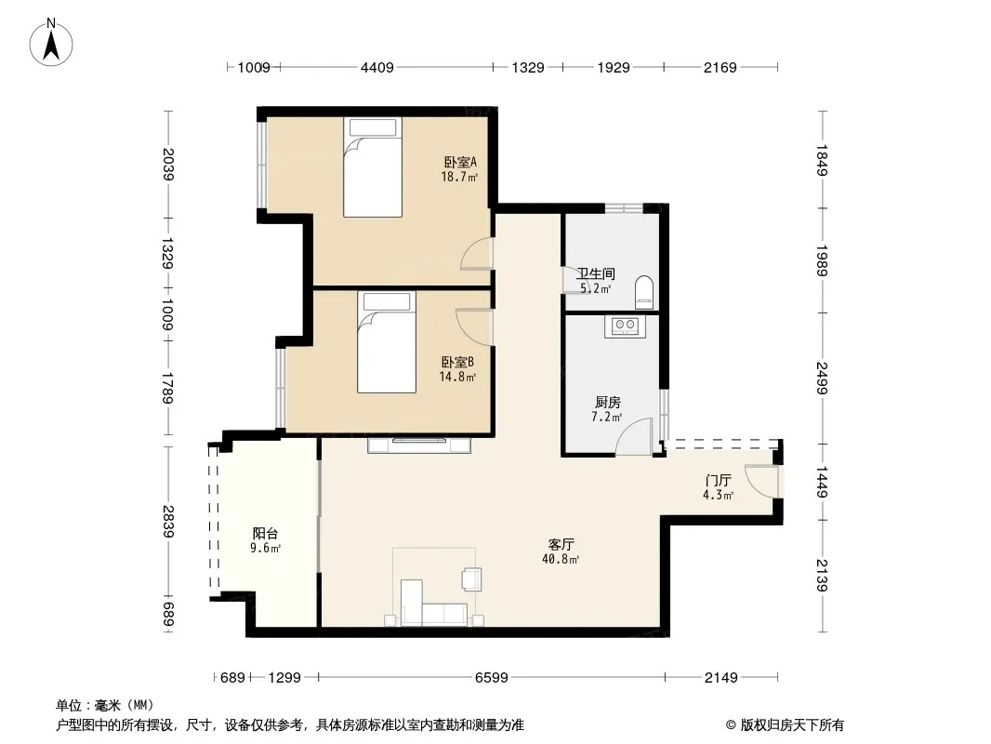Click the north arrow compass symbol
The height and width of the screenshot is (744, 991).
click(51, 43)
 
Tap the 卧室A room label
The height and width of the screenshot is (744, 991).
click(460, 163)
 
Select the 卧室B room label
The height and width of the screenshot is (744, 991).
click(457, 362)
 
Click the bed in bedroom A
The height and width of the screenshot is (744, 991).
click(373, 166)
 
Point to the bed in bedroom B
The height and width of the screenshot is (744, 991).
click(387, 342)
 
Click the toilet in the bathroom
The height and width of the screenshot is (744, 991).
click(644, 292)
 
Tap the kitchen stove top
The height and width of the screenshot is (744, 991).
click(626, 326)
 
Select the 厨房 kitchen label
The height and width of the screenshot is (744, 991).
click(608, 402)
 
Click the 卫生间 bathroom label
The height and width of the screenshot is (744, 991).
click(595, 273)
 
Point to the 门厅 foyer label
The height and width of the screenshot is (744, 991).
click(719, 481)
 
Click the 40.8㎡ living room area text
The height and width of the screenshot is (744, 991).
click(561, 560)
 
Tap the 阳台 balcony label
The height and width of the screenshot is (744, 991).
click(266, 534)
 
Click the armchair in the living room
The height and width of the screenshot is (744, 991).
click(471, 579)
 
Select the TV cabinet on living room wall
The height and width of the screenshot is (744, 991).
click(419, 445)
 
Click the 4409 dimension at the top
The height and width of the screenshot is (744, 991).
click(377, 67)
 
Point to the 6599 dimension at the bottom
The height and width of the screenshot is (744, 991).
click(492, 678)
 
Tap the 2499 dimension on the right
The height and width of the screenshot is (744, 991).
click(822, 378)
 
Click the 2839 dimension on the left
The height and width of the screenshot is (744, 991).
click(168, 522)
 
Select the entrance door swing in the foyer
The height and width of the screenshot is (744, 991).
click(761, 481)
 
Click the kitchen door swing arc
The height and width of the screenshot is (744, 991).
click(633, 436)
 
